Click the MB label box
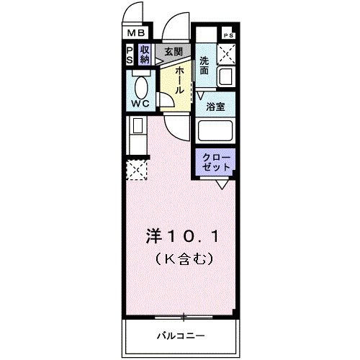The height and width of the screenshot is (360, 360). point(136,32)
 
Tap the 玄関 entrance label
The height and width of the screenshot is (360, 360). point(173,52)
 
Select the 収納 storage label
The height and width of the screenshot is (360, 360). point(145,55)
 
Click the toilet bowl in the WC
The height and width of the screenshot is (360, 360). point(142,86)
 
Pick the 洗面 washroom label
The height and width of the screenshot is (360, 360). point(205,66)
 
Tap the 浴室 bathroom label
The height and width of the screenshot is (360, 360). point(216,107)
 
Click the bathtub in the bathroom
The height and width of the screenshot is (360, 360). point(217,132)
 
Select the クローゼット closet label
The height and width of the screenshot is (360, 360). point(216,161)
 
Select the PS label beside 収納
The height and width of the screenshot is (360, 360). point(130,55)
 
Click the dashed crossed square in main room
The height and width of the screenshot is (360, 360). point(136,170)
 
